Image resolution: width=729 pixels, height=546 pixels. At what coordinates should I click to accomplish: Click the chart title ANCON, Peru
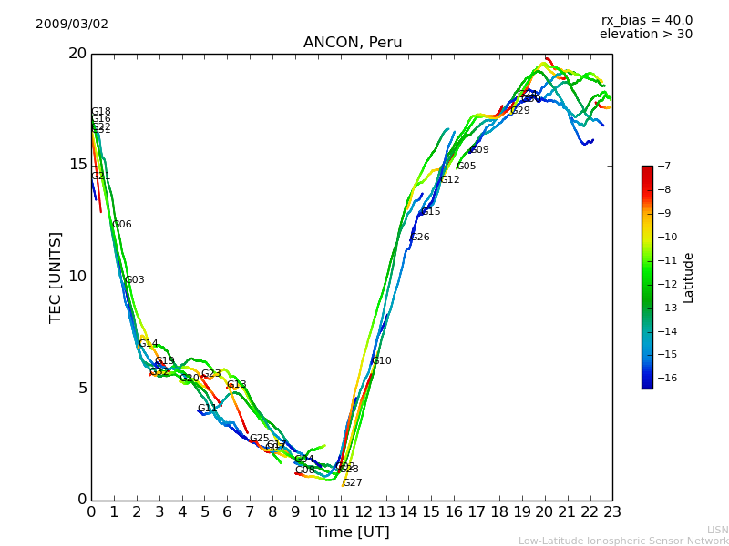tap(353, 43)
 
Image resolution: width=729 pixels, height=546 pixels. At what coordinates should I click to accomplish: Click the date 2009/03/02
tap(72, 24)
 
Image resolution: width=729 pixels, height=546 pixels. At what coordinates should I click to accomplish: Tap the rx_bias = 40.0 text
tap(646, 20)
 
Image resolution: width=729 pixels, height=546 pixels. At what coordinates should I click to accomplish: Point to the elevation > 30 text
tap(645, 35)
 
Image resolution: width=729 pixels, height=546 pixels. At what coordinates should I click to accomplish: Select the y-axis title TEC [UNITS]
tap(56, 277)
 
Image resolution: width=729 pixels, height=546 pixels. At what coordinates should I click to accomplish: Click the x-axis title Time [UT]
tap(352, 531)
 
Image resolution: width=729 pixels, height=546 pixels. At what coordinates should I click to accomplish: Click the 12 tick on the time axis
tap(363, 511)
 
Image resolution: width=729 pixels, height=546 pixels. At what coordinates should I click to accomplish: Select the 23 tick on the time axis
tap(612, 511)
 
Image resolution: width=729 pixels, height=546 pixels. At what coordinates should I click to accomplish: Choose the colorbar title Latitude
tap(689, 277)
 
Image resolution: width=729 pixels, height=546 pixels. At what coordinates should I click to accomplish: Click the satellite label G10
tap(382, 361)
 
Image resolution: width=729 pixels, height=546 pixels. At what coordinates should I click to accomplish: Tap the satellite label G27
tap(353, 483)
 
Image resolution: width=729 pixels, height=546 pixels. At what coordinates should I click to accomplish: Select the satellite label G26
tap(420, 238)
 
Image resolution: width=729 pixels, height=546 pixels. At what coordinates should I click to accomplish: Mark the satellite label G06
tap(122, 225)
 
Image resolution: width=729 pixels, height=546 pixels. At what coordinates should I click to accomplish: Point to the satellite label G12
tap(450, 180)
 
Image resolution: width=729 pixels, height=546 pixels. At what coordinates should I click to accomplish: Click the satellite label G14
tap(149, 344)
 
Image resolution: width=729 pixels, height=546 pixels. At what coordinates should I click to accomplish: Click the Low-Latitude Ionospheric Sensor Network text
tap(623, 541)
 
